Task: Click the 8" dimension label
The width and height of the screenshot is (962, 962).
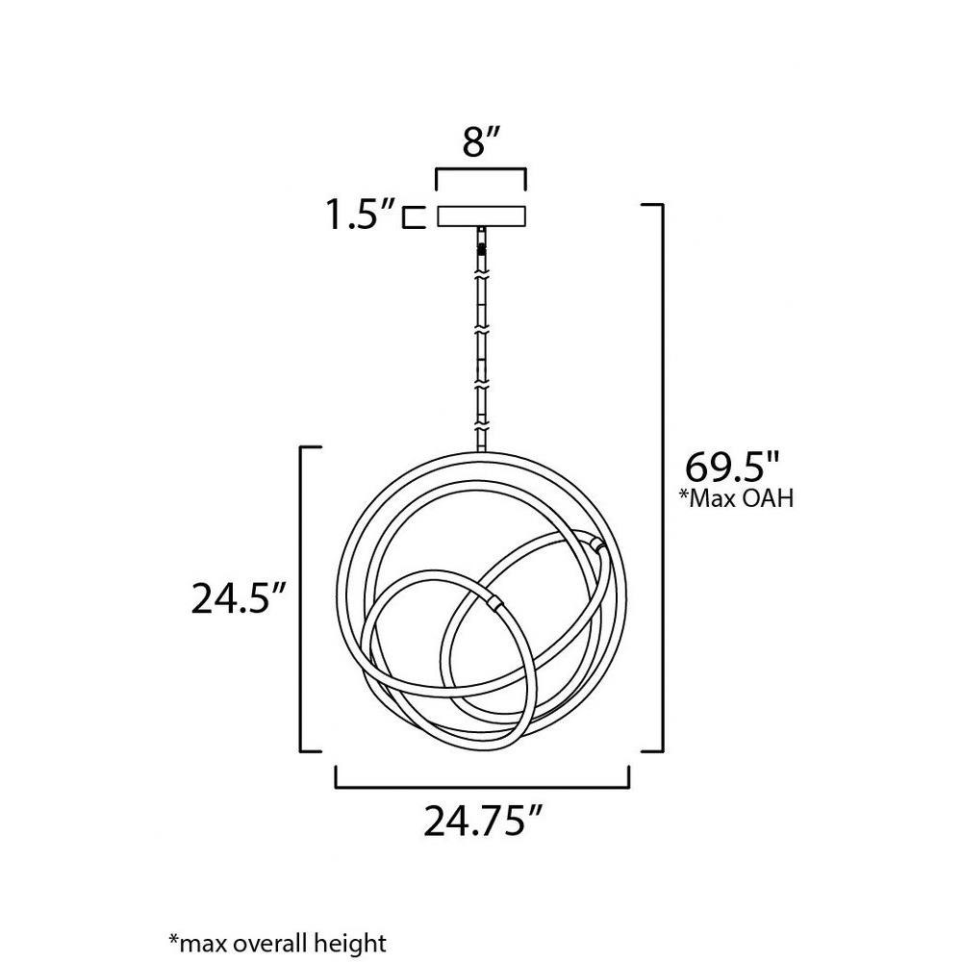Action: tap(480, 143)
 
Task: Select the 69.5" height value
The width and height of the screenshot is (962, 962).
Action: tap(732, 467)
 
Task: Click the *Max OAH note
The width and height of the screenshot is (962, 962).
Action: tap(736, 497)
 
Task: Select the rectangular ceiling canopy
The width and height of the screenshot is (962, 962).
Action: tap(481, 215)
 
